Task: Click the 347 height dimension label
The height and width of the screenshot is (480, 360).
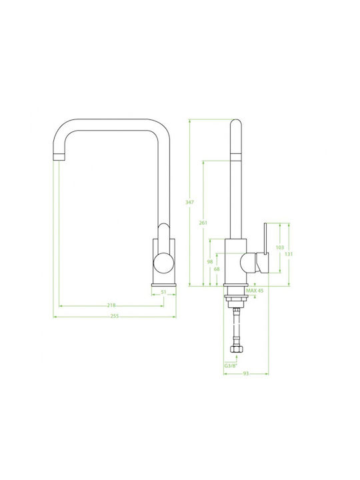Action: pos(189,203)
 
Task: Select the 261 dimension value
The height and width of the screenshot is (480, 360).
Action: pos(203,223)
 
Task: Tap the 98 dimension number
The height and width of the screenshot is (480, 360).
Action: pos(210,262)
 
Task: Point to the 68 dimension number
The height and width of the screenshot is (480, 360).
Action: pos(217,269)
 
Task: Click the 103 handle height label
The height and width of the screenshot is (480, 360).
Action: pos(280,247)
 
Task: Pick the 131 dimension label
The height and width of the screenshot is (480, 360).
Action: pos(289,254)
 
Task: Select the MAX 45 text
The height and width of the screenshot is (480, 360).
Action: pos(255,291)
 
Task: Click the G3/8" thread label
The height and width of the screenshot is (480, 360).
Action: pos(231,366)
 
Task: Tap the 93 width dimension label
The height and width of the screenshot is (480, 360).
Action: pos(246,373)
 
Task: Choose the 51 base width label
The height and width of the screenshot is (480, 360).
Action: pos(163,292)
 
